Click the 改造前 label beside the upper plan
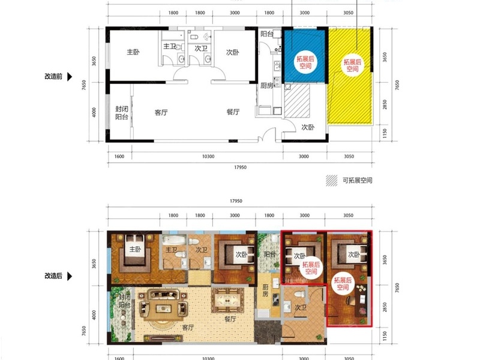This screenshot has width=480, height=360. (54, 77)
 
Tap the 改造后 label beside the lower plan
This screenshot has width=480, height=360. (54, 277)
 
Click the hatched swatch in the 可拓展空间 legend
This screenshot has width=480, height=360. (331, 180)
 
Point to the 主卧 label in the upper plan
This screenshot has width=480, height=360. (133, 52)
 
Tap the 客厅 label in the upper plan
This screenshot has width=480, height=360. (161, 112)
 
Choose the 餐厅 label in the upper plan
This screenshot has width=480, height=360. (233, 112)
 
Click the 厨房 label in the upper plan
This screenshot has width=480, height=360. (267, 86)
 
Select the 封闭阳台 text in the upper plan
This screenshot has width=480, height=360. (122, 113)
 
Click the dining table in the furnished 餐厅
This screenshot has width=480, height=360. (228, 297)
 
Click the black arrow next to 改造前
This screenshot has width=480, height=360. (70, 77)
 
